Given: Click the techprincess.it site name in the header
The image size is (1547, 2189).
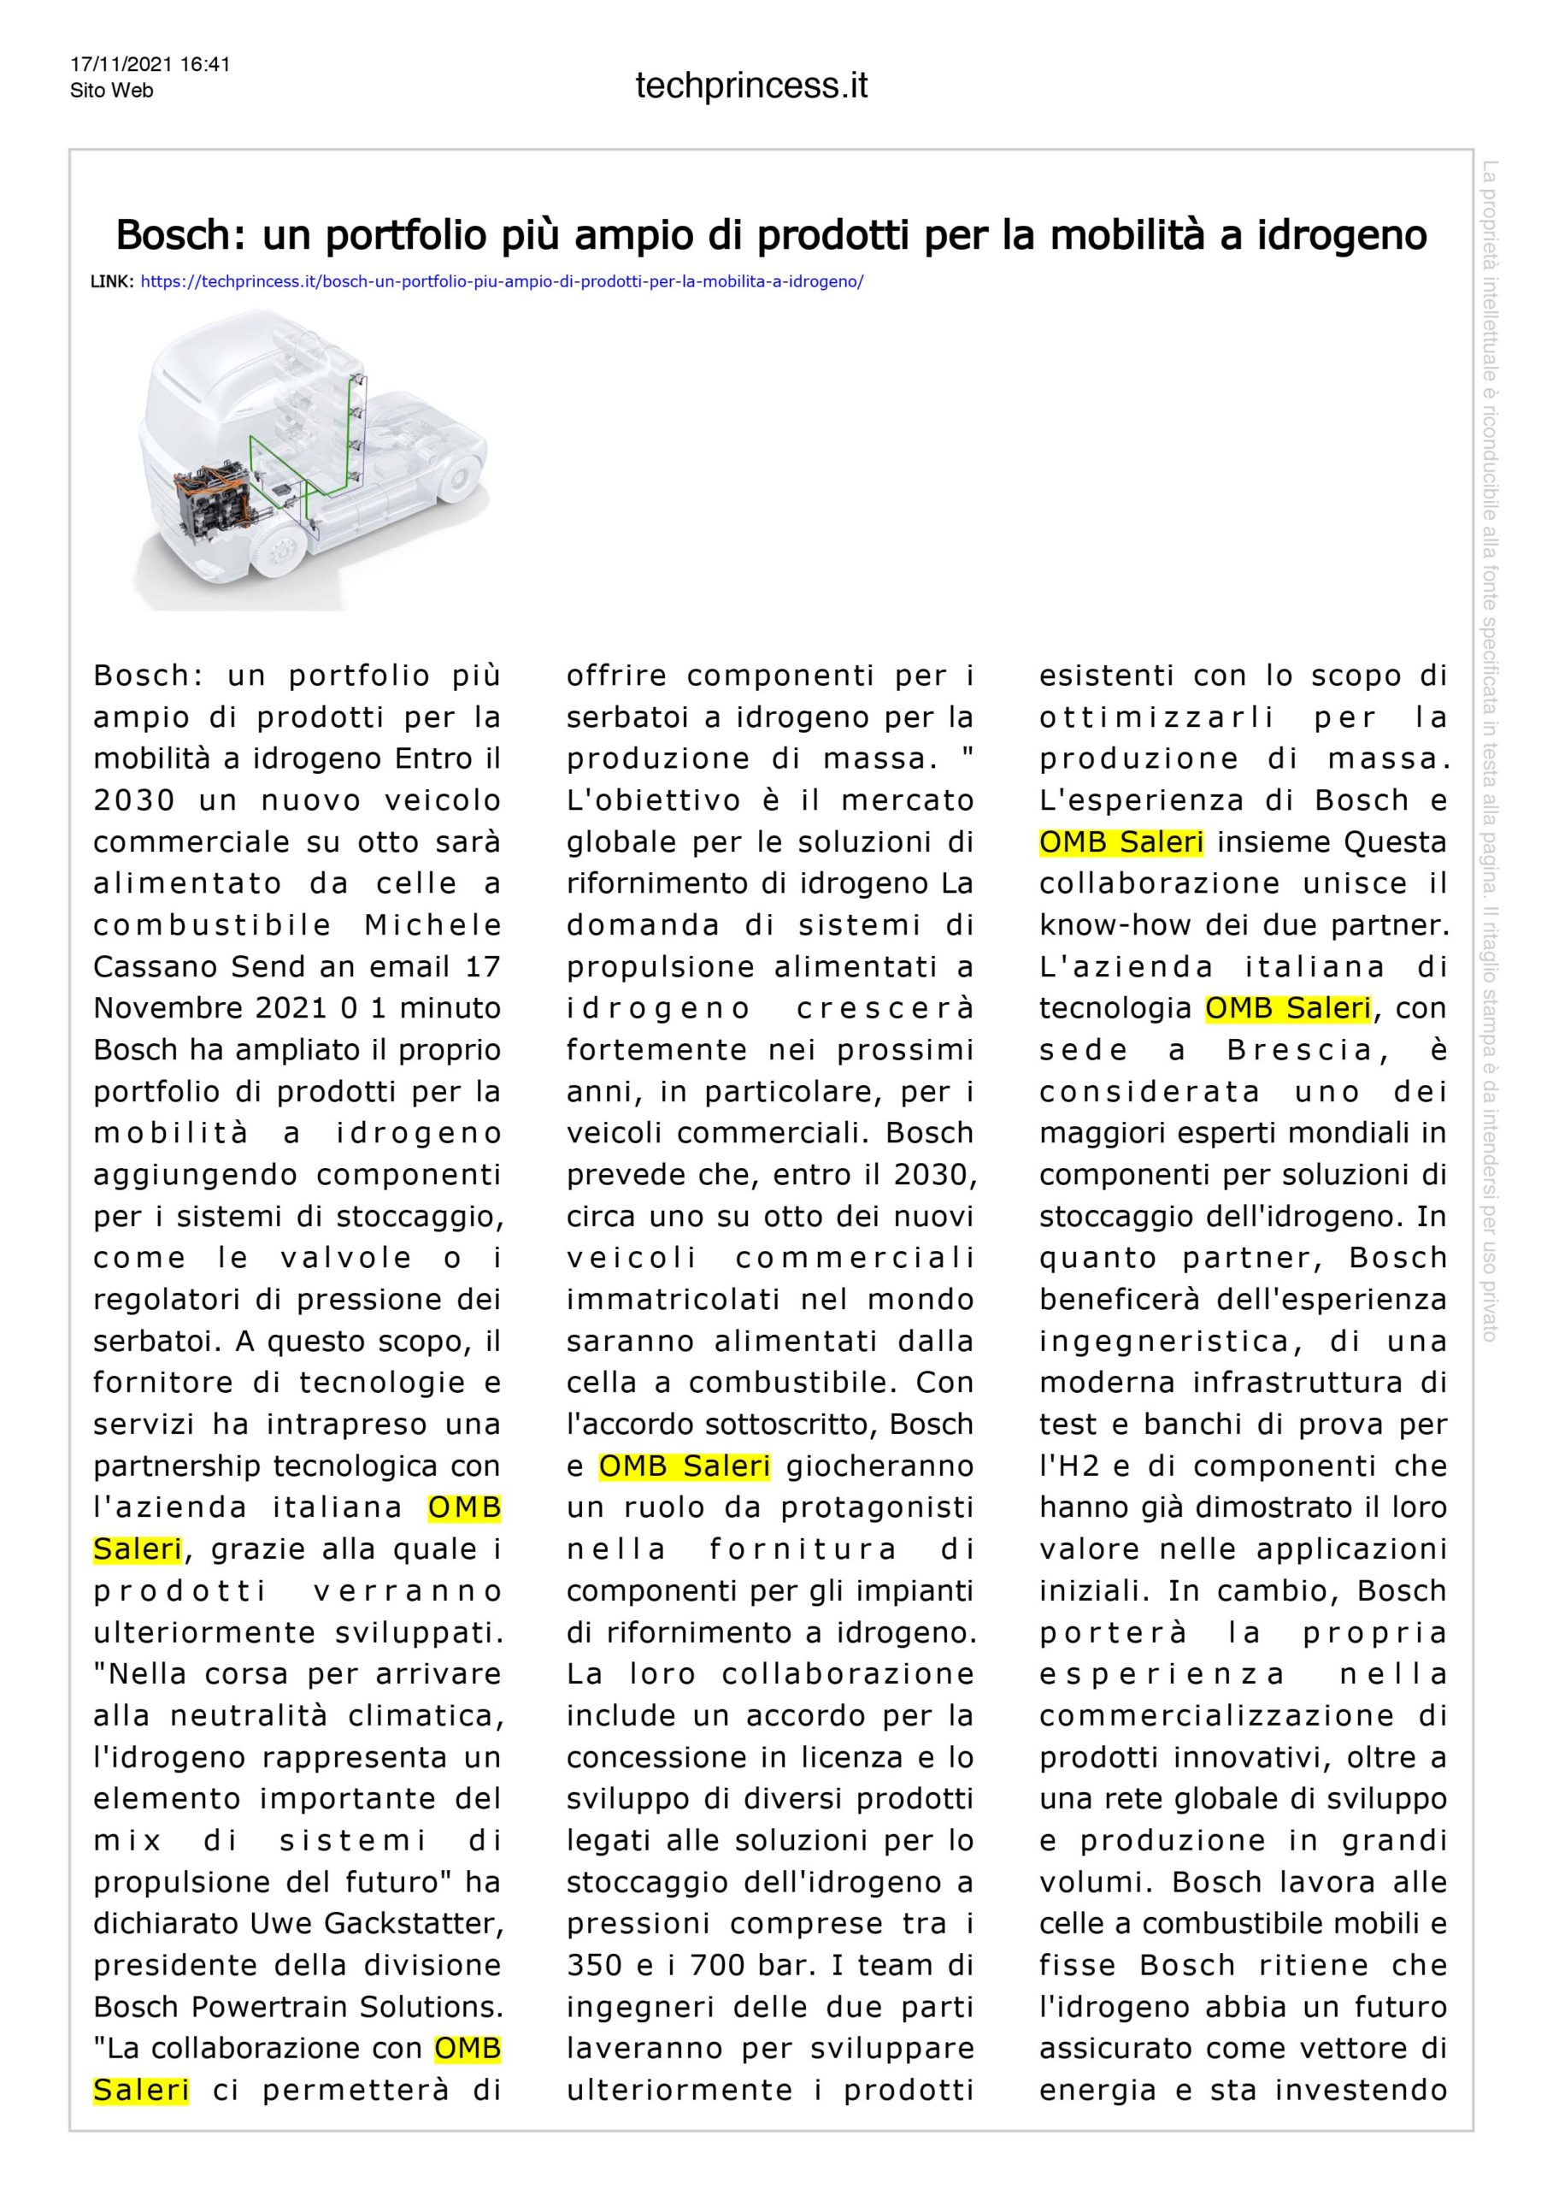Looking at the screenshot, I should pos(751,86).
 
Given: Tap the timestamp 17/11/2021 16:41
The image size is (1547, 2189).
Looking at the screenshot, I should pos(150,65).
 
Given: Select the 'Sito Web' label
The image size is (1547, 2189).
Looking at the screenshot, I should pos(111,91).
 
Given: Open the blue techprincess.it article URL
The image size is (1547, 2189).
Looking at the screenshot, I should pos(502,282).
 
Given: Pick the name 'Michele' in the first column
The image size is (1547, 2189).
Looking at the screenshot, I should pos(432,925).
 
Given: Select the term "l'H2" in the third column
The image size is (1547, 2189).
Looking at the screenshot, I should pos(1065,1466).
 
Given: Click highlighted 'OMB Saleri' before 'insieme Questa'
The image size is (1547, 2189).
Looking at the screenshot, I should pos(1121,842).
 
